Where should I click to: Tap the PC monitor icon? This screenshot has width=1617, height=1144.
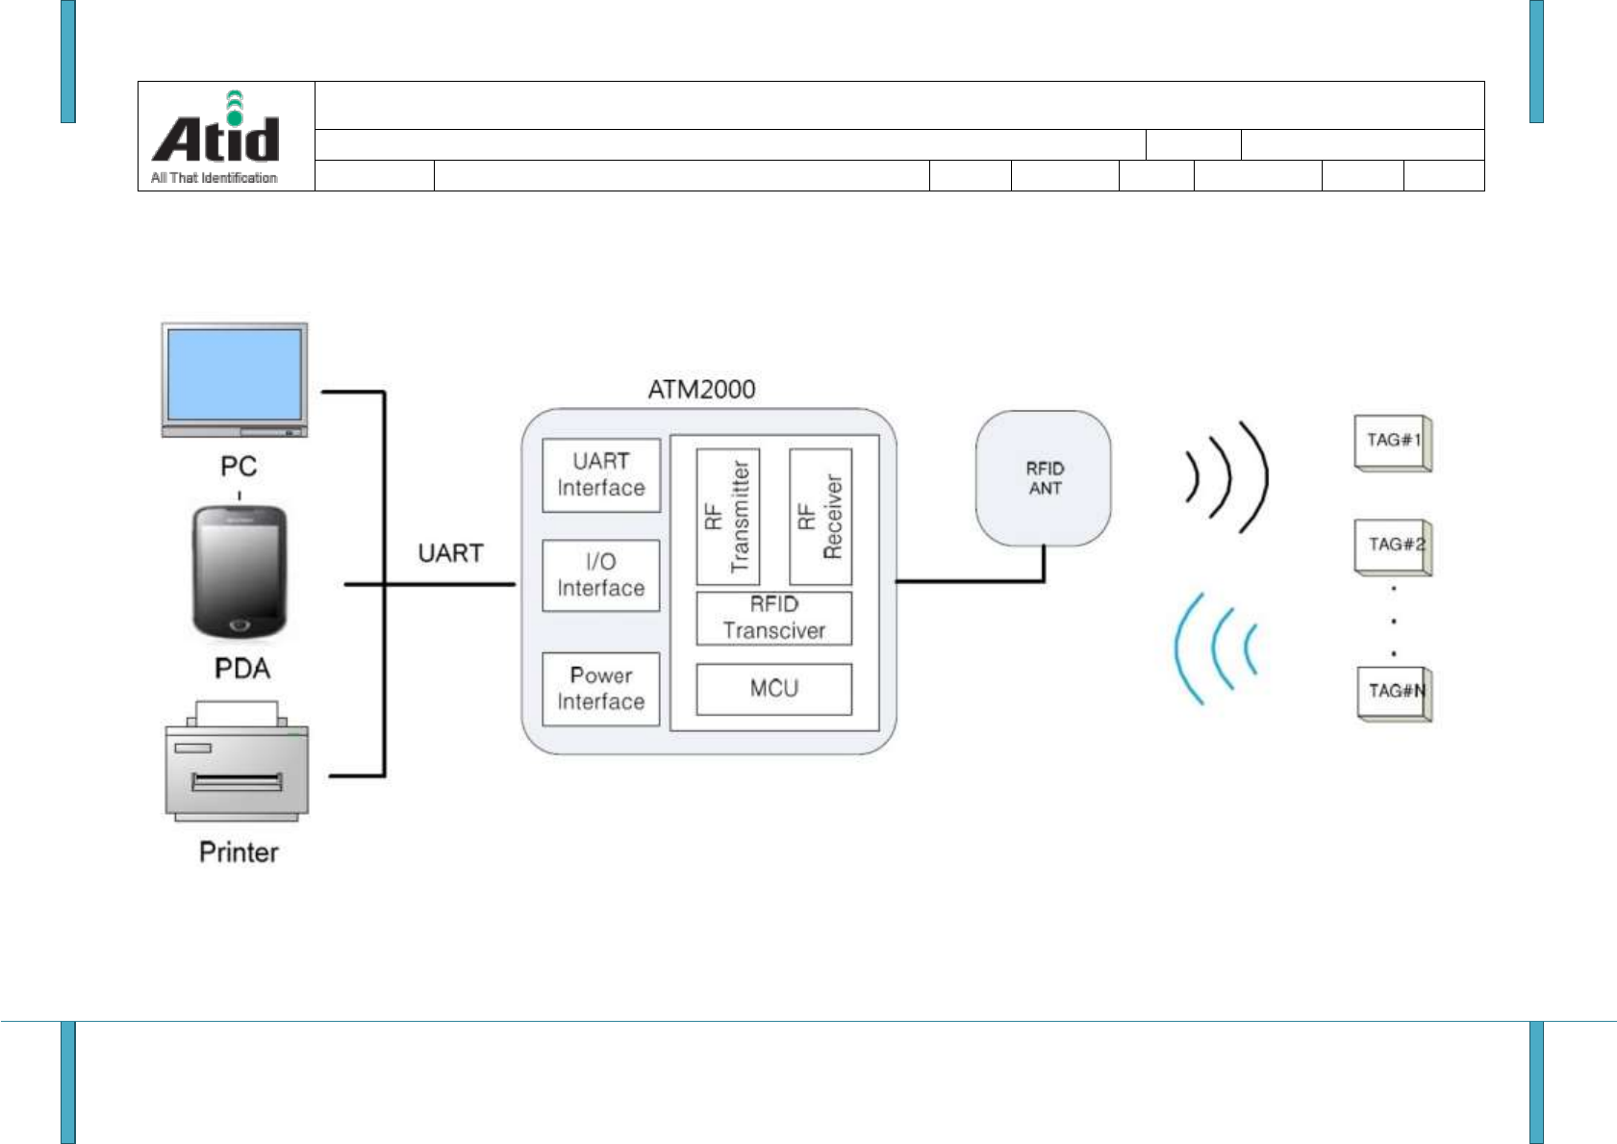235,379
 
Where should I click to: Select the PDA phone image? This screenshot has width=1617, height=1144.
239,572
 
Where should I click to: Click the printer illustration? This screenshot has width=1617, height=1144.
238,763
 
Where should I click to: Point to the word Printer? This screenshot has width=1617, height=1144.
239,852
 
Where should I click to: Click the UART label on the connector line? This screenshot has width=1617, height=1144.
450,553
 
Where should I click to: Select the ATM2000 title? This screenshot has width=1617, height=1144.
701,390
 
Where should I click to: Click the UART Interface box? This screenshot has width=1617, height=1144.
601,475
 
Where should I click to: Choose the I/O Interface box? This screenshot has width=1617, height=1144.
601,575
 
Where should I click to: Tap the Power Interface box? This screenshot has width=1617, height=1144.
601,689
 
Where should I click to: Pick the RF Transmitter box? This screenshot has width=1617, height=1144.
727,517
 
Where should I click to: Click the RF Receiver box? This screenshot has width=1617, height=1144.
821,517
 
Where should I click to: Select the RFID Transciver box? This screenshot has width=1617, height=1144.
774,618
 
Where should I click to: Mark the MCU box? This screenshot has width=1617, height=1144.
774,689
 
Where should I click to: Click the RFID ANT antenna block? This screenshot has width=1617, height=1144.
1044,478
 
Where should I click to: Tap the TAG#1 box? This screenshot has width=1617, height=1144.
1393,443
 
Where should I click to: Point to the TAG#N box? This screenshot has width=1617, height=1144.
1395,693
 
